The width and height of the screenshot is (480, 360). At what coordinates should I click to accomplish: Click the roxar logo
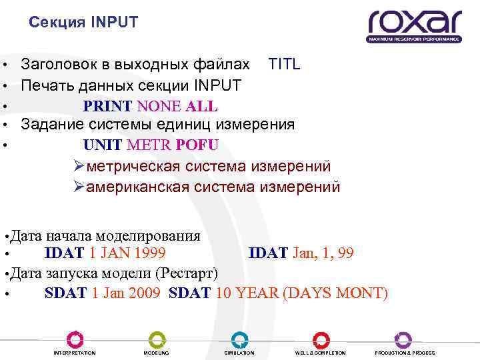[414, 25]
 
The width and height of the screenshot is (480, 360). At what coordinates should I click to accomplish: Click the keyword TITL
[284, 65]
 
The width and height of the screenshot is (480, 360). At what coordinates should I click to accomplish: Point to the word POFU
[198, 145]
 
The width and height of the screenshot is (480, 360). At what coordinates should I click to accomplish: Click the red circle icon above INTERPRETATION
[75, 339]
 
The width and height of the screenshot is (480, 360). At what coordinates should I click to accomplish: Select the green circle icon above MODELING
[157, 339]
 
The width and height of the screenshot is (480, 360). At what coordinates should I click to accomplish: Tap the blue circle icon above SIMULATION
[239, 339]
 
